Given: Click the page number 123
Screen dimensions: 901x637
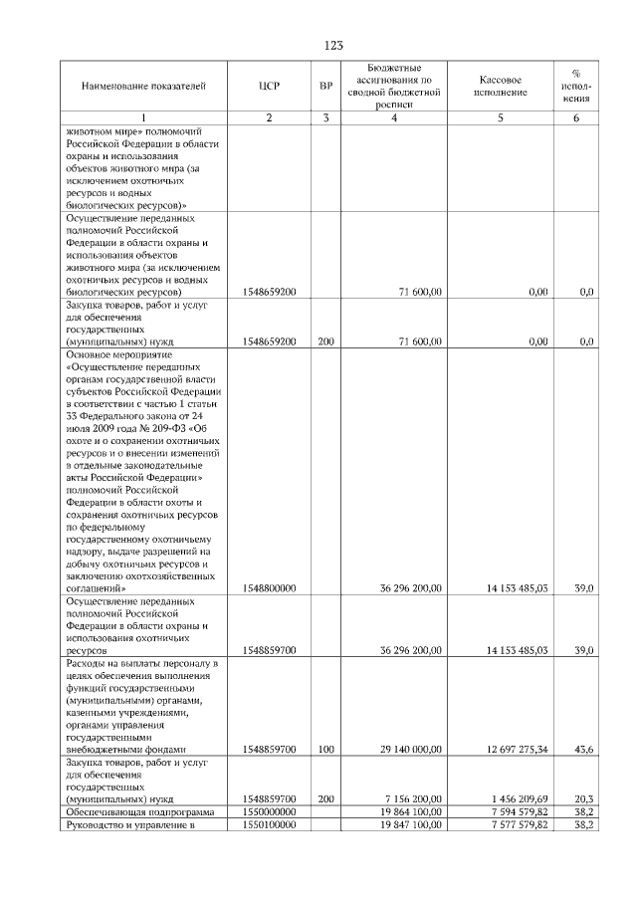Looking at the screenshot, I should coord(333,45).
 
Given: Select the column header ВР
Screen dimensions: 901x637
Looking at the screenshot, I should coord(325,86).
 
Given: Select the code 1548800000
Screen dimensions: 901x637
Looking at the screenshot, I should coord(269,589).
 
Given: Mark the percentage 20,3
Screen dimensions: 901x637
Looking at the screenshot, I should coord(585,798).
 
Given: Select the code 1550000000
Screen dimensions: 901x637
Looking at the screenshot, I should coord(269,812).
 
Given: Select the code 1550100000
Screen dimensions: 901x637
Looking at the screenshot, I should coord(269,825).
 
